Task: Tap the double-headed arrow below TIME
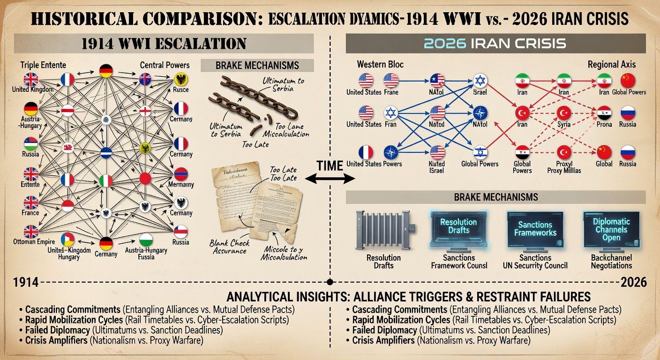pos(330,178)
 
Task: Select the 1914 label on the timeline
pos(26,282)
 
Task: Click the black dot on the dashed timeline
pos(330,282)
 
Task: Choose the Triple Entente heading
pos(44,65)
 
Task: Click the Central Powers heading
pos(165,65)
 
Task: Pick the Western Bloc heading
pos(380,64)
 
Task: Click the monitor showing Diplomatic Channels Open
pos(611,229)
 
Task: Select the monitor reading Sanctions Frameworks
pos(535,229)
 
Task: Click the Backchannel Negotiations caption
pos(611,262)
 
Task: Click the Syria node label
pos(563,124)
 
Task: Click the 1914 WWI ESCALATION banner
pos(164,44)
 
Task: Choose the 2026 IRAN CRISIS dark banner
pos(495,44)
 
